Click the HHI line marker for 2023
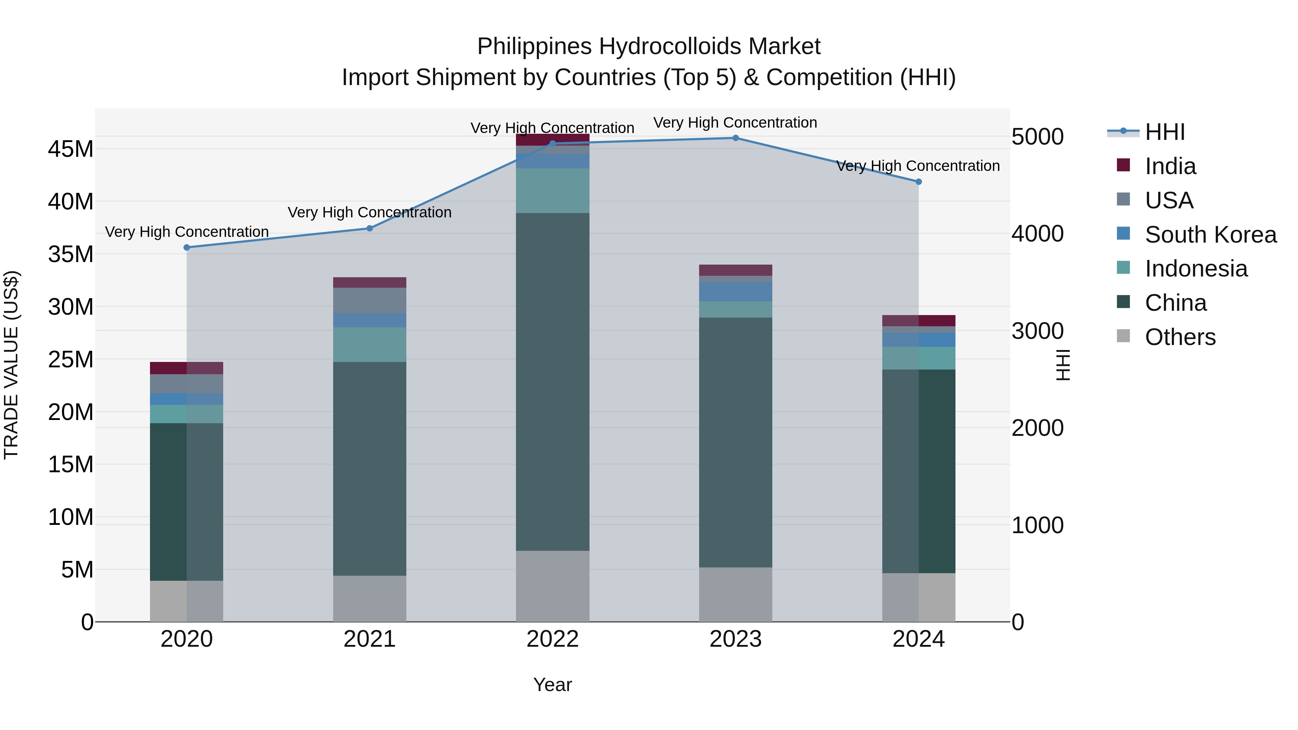(x=735, y=138)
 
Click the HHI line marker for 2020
(x=186, y=247)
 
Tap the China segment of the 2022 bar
(x=552, y=381)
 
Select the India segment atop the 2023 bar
(x=735, y=270)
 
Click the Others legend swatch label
(x=1180, y=337)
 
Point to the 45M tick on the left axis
(x=71, y=149)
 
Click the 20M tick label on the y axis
(x=71, y=412)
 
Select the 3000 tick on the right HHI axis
(x=1037, y=331)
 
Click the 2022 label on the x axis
(x=552, y=639)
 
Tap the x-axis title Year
(x=552, y=685)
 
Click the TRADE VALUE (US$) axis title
(x=11, y=365)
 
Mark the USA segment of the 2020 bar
(x=186, y=384)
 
